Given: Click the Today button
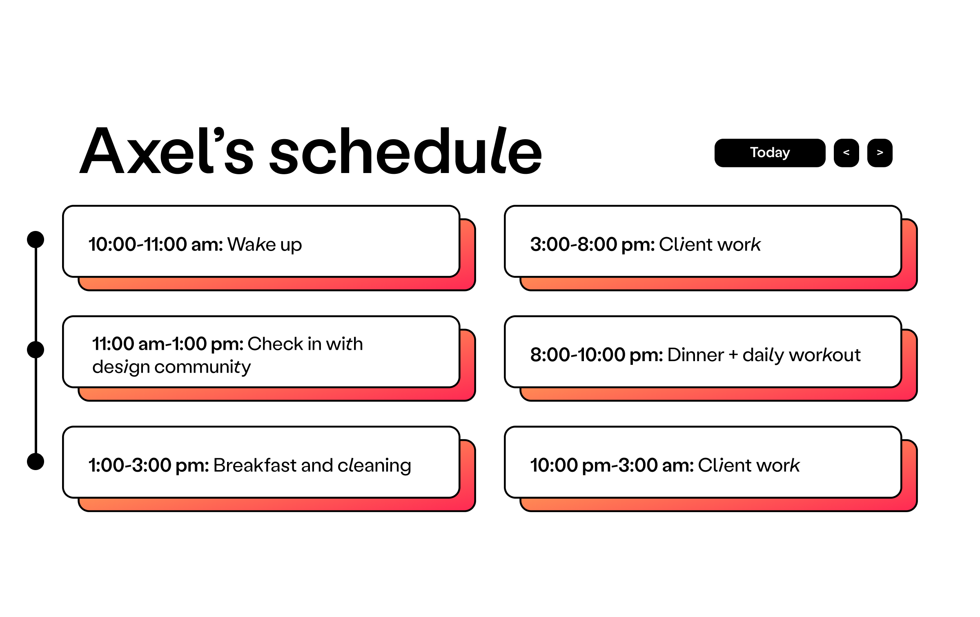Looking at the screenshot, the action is (x=770, y=153).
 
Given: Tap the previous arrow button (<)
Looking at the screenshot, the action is (x=846, y=153).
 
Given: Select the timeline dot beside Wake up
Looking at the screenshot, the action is (x=36, y=240).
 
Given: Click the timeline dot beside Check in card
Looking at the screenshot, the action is (x=36, y=350).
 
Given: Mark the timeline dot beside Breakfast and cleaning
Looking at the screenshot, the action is (x=36, y=462).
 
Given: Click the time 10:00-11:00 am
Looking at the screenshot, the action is (x=156, y=244).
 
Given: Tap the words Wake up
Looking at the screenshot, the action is (x=265, y=245).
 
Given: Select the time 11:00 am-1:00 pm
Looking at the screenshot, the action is (x=168, y=344).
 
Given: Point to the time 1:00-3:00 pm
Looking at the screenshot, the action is (x=149, y=466).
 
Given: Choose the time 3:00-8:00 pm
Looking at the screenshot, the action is (x=592, y=245).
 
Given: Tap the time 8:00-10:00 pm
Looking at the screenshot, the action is (x=597, y=355).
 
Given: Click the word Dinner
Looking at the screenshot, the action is (x=696, y=355).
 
